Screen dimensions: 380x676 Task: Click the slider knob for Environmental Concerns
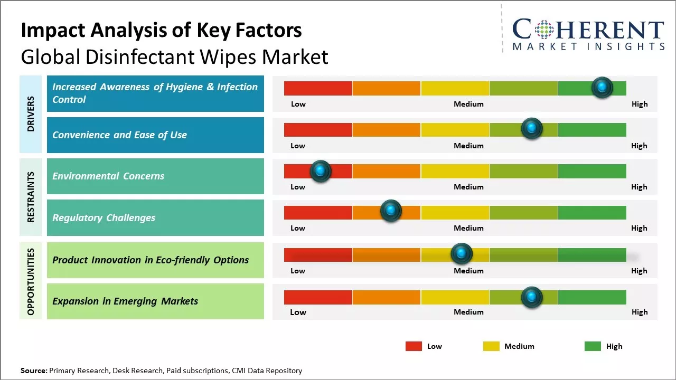pyautogui.click(x=320, y=171)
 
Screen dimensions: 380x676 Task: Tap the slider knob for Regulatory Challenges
pyautogui.click(x=391, y=211)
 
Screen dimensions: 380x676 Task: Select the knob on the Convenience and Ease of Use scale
pyautogui.click(x=532, y=128)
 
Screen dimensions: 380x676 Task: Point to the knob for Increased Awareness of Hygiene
pyautogui.click(x=602, y=87)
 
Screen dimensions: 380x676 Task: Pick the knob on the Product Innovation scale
pyautogui.click(x=462, y=254)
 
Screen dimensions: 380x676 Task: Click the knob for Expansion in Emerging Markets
pyautogui.click(x=532, y=297)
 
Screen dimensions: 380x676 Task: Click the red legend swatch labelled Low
pyautogui.click(x=414, y=346)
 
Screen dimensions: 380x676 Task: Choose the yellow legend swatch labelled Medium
pyautogui.click(x=491, y=346)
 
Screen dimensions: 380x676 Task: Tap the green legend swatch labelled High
pyautogui.click(x=593, y=346)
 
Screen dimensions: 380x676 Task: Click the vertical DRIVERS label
pyautogui.click(x=31, y=114)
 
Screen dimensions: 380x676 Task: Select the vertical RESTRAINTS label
pyautogui.click(x=31, y=197)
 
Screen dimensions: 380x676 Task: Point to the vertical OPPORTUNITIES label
pyautogui.click(x=31, y=281)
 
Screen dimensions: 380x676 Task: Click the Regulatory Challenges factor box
pyautogui.click(x=155, y=217)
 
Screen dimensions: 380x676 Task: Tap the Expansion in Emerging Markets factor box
pyautogui.click(x=155, y=301)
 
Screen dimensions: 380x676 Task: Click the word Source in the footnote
pyautogui.click(x=34, y=370)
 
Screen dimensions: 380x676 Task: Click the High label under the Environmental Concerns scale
pyautogui.click(x=639, y=187)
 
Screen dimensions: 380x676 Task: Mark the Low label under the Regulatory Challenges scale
pyautogui.click(x=298, y=228)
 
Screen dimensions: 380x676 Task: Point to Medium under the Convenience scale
pyautogui.click(x=468, y=146)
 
